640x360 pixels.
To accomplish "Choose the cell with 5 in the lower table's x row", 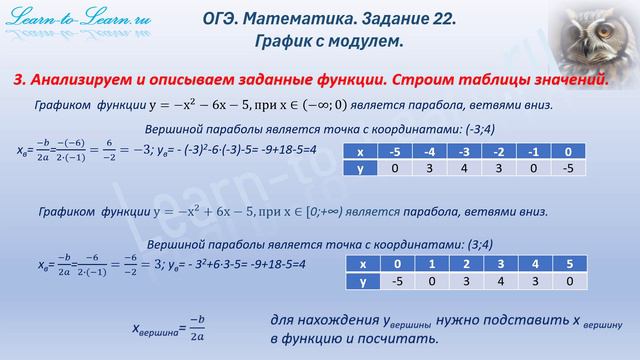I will (568, 264).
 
